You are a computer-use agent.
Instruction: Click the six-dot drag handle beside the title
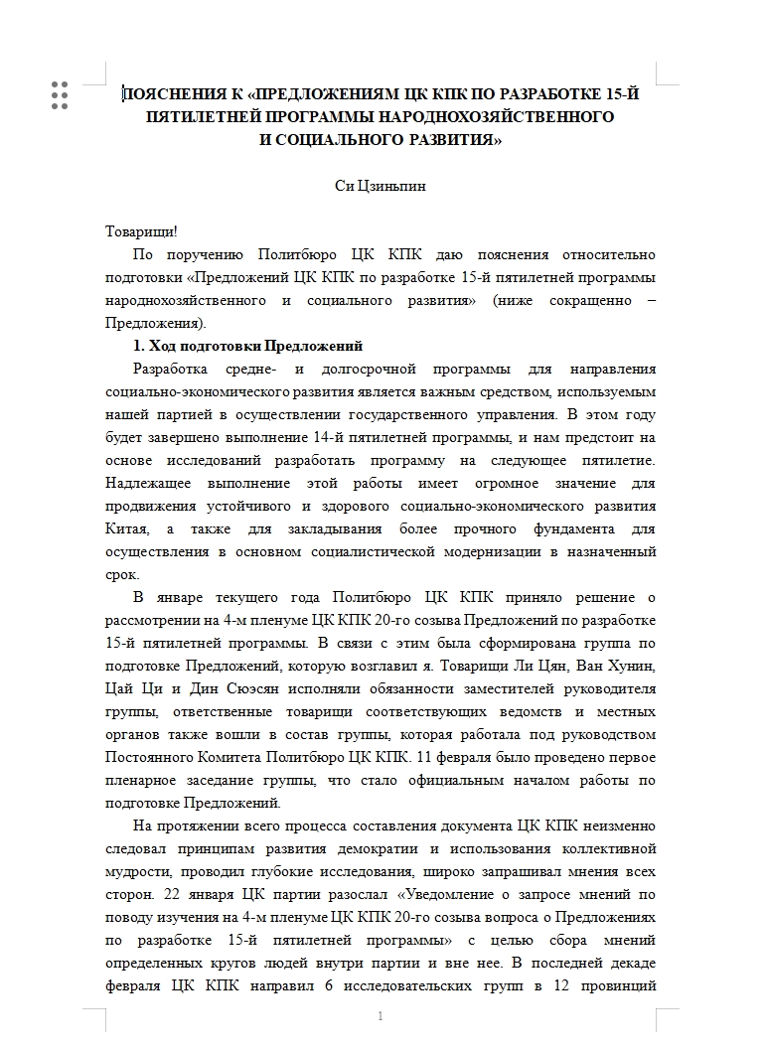pyautogui.click(x=59, y=94)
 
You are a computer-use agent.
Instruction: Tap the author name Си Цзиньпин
pyautogui.click(x=381, y=186)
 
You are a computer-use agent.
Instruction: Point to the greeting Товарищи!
pyautogui.click(x=141, y=231)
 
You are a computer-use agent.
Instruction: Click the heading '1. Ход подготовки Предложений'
pyautogui.click(x=247, y=346)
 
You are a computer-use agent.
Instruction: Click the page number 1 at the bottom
pyautogui.click(x=382, y=1016)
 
